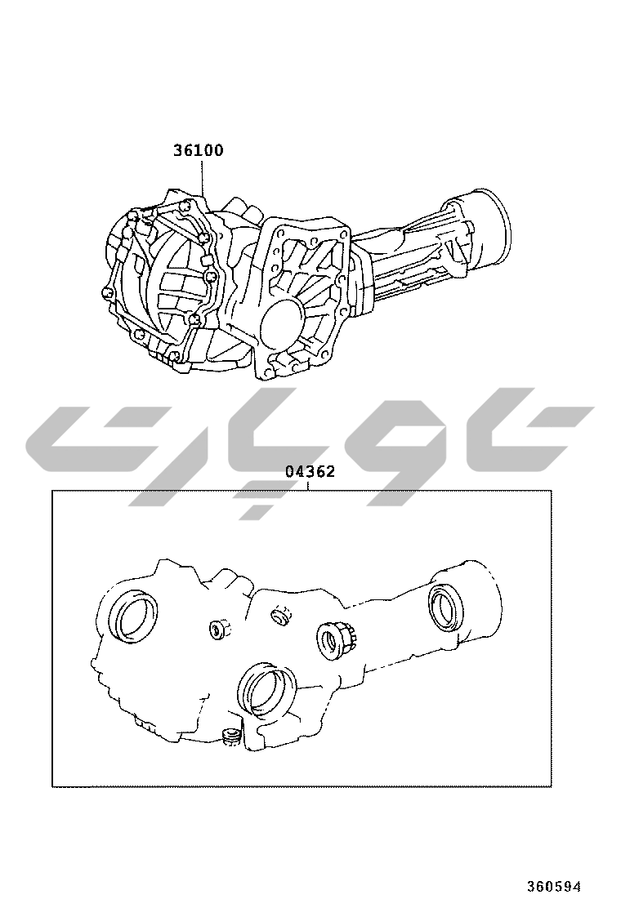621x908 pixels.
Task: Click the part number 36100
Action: coord(198,150)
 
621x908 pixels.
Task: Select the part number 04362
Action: coord(310,472)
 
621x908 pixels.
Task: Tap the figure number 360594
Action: coord(553,886)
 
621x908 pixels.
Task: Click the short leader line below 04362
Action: coord(308,485)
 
